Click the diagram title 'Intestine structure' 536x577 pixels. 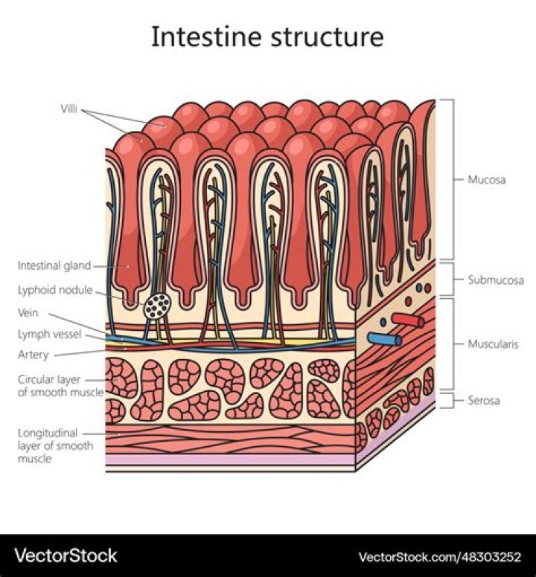267,36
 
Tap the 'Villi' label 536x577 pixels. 68,109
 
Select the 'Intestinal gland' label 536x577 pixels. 54,265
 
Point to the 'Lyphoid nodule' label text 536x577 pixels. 54,290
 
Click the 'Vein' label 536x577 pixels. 28,313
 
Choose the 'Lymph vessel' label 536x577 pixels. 49,335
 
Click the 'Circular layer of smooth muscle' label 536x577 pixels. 60,385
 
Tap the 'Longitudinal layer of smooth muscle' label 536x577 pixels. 55,445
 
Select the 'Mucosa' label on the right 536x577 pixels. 487,179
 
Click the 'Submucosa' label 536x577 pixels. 495,280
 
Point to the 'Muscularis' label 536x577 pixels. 494,344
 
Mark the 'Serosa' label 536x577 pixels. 484,401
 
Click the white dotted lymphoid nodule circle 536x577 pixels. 156,306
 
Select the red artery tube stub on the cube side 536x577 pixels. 409,320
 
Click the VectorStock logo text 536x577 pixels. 67,555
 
